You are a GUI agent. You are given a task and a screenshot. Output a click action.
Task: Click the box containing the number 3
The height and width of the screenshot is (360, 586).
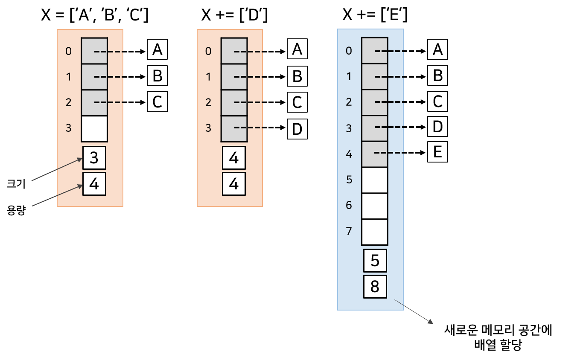(94, 158)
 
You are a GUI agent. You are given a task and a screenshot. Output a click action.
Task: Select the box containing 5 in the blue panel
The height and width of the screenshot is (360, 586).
(375, 261)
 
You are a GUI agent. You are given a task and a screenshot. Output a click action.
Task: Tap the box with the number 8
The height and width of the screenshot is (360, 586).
(375, 287)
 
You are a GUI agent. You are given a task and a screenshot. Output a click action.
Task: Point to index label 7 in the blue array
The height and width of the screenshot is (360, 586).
(349, 231)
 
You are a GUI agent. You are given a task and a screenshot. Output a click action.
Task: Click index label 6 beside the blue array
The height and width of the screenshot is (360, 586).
(349, 206)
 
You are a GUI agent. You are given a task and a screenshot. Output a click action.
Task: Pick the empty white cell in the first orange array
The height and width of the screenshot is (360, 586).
(94, 128)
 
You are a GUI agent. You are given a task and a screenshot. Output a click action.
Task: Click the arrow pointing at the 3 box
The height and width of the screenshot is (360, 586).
(57, 169)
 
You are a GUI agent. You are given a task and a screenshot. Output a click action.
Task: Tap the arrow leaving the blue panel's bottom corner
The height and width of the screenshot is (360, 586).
(414, 311)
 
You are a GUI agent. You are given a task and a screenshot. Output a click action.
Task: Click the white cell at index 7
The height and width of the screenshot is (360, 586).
(374, 232)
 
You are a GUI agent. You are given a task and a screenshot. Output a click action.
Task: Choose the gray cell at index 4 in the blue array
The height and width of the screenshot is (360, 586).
(374, 154)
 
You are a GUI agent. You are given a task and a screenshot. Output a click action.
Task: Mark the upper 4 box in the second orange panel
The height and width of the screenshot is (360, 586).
(233, 158)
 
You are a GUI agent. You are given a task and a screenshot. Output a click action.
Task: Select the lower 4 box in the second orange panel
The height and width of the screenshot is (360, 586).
(233, 184)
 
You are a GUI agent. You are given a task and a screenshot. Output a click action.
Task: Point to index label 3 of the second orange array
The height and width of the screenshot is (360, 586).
(208, 128)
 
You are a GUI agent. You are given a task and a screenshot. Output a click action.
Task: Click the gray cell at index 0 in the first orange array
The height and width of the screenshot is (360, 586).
(94, 51)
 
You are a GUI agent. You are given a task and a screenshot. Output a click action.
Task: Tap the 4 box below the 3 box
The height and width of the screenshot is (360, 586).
(94, 184)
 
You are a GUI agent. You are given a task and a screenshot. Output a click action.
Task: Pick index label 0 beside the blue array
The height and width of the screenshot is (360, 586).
(349, 51)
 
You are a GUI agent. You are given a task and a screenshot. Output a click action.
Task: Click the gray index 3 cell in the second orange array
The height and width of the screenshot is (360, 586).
(233, 128)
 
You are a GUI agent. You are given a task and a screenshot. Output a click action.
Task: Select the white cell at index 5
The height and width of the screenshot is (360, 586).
(374, 180)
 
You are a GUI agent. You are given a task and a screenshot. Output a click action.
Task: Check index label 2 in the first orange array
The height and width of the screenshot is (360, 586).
(68, 102)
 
